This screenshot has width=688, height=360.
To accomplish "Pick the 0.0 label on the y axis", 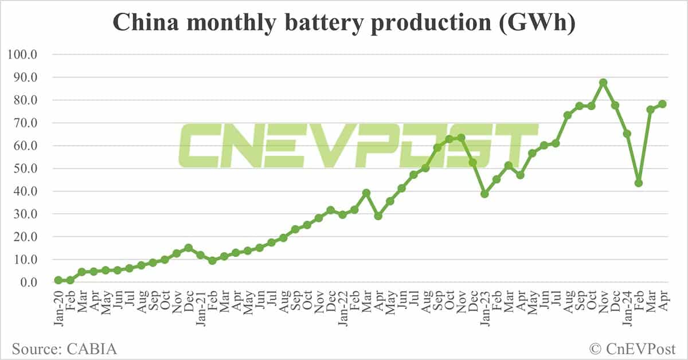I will coord(28,283).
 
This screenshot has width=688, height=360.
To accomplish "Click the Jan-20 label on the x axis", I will coord(58,309).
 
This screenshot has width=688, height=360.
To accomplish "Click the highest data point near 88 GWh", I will coord(603,83).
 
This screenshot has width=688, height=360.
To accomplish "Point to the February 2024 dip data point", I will coord(639,183).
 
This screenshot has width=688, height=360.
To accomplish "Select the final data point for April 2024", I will coord(662,104).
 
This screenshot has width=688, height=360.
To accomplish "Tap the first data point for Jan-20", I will coord(58,280).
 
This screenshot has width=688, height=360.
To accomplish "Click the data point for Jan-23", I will coord(484,194).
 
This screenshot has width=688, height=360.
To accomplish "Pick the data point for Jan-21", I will coord(201,255).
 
